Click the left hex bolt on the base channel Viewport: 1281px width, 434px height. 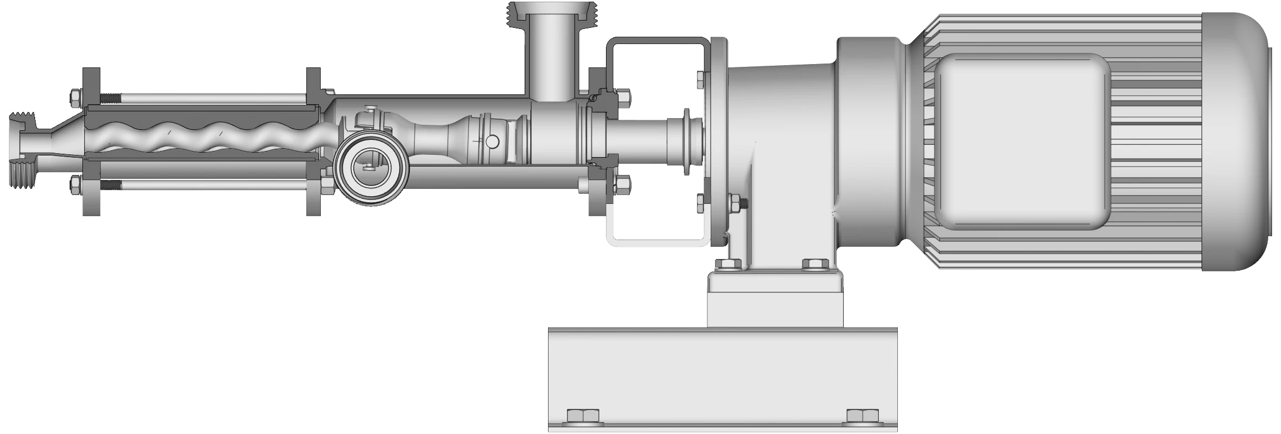tap(583, 416)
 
